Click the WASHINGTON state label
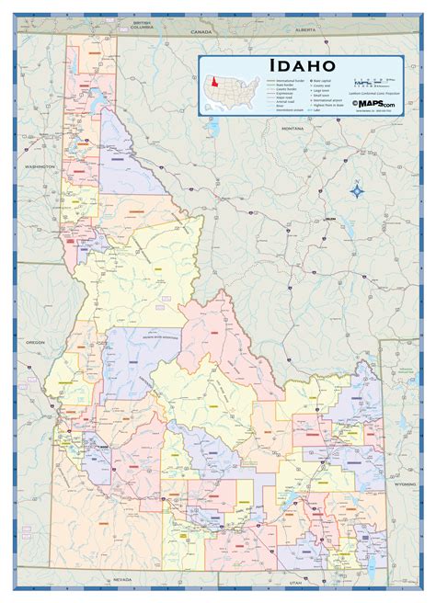pyautogui.click(x=40, y=166)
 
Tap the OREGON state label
pyautogui.click(x=35, y=342)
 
